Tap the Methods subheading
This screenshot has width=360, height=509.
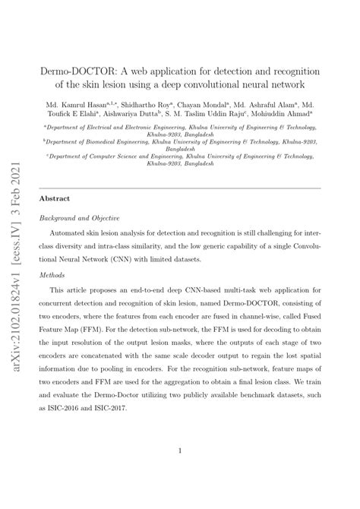point(53,276)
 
